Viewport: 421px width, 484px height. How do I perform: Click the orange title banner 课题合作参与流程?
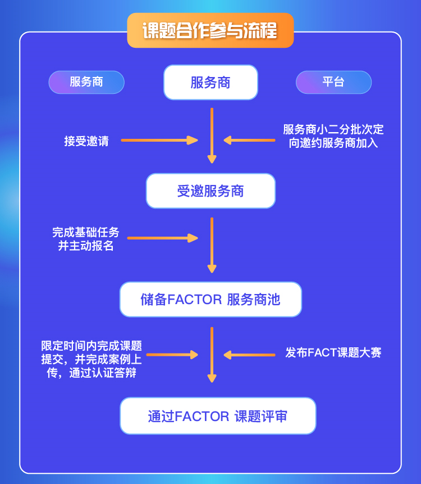pos(210,30)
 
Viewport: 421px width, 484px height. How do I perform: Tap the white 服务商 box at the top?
pos(210,83)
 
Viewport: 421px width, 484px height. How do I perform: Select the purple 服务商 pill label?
pos(86,82)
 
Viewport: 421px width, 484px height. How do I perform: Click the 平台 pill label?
pos(333,82)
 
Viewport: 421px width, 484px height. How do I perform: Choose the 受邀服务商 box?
pos(210,191)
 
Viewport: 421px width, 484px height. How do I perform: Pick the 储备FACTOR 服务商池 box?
pos(210,299)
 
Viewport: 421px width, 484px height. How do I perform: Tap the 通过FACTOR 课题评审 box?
pos(218,416)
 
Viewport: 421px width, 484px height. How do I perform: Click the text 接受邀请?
pos(86,141)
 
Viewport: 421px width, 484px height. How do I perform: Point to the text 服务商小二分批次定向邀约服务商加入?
pos(333,136)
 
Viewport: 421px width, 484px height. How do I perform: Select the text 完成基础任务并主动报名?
pos(86,238)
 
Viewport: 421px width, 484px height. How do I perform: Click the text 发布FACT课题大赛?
pos(333,353)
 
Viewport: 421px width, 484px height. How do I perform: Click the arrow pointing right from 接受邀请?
pos(159,141)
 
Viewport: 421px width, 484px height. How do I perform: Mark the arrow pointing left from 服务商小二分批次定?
pos(249,141)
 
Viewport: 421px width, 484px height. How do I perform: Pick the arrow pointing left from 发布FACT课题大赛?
pos(249,355)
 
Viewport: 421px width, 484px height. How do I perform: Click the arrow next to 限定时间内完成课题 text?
pos(172,355)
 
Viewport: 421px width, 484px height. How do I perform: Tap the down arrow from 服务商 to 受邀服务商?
pos(212,135)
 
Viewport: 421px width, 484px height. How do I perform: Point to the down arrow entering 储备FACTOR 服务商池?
pos(212,245)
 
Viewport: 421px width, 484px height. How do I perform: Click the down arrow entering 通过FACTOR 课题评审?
pos(212,354)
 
